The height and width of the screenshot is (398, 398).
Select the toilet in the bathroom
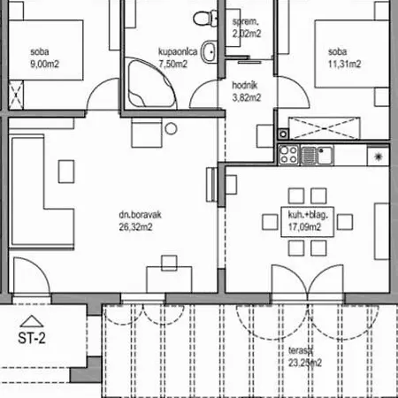pos(205,16)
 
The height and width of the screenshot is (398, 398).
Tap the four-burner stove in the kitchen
pos(288,156)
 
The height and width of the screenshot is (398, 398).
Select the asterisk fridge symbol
pos(379,156)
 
